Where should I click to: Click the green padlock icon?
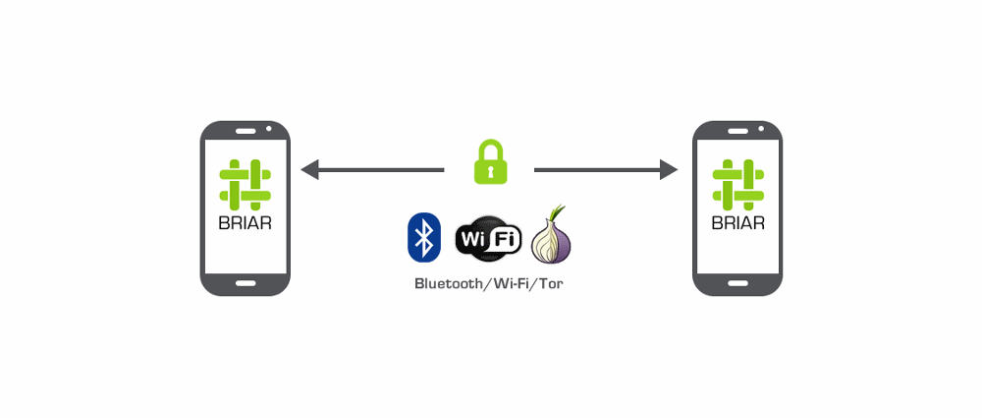(x=490, y=163)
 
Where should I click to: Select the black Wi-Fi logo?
(x=488, y=239)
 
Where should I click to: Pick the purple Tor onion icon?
(x=552, y=242)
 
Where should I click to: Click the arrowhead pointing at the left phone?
(x=310, y=170)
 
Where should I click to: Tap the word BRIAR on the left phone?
(x=245, y=222)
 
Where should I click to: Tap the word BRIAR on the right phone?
(x=737, y=222)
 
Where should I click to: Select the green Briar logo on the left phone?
(x=245, y=184)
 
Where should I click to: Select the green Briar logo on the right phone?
(x=737, y=184)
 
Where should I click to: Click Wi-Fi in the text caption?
(x=514, y=283)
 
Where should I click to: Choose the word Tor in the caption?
(x=551, y=283)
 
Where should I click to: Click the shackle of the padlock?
(x=490, y=149)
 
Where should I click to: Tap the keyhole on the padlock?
(x=490, y=171)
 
